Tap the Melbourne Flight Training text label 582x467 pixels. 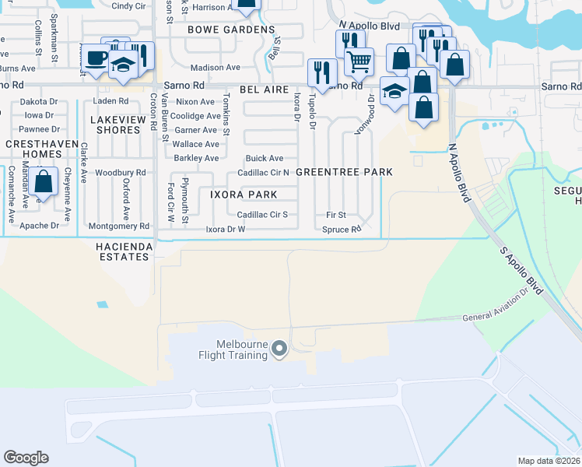coord(242,349)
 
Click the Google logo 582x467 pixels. coord(26,458)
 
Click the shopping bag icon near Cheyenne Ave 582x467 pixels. coord(45,182)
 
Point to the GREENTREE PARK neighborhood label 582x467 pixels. coord(343,171)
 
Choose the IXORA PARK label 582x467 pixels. coord(243,193)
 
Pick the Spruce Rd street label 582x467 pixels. coord(342,230)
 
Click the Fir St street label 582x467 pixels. coord(335,215)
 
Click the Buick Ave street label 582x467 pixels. coord(265,158)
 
